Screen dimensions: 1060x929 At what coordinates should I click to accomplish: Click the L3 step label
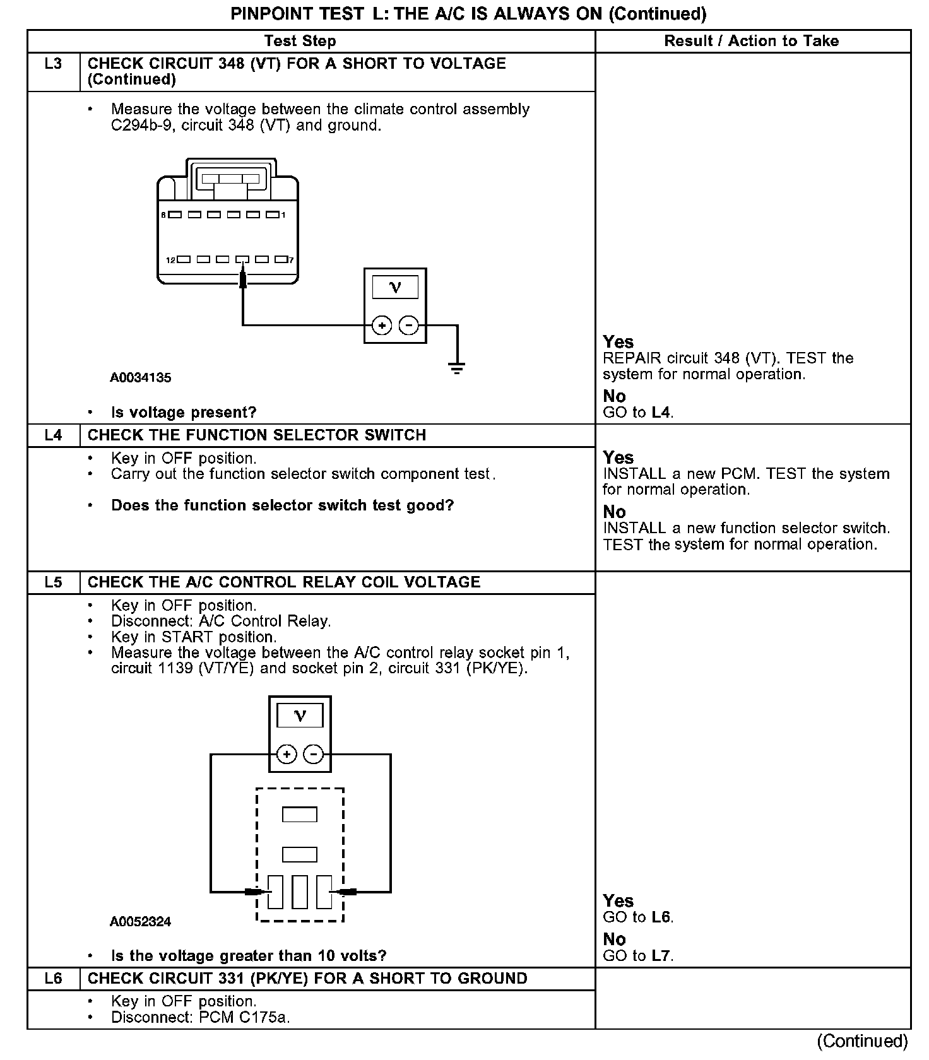(54, 64)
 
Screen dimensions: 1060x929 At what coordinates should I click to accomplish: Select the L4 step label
(54, 435)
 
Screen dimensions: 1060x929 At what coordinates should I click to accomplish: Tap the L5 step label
(54, 582)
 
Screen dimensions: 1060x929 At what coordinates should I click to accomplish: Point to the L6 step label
(54, 979)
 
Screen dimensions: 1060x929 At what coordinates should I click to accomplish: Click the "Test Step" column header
(300, 41)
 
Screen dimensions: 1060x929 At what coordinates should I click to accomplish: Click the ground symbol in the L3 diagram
(458, 368)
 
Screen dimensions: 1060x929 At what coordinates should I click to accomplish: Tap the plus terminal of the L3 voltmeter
(382, 326)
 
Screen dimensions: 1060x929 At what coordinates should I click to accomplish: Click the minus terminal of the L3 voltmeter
(409, 326)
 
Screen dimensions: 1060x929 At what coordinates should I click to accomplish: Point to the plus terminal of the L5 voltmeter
(287, 755)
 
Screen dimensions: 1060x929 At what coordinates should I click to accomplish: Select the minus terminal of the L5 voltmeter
(314, 755)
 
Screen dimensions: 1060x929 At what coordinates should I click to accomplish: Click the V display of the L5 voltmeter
(300, 716)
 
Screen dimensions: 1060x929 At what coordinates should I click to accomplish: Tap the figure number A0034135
(141, 378)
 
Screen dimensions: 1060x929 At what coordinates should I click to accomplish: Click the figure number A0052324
(141, 922)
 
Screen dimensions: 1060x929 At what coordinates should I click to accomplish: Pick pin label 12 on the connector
(170, 260)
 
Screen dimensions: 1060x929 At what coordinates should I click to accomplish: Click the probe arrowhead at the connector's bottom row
(242, 276)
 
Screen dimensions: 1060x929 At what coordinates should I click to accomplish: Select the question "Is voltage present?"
(184, 413)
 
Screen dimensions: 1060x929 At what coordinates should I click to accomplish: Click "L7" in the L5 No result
(660, 956)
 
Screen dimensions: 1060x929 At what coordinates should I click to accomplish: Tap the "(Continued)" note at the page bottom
(862, 1041)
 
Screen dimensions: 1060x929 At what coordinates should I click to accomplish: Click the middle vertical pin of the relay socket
(300, 892)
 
